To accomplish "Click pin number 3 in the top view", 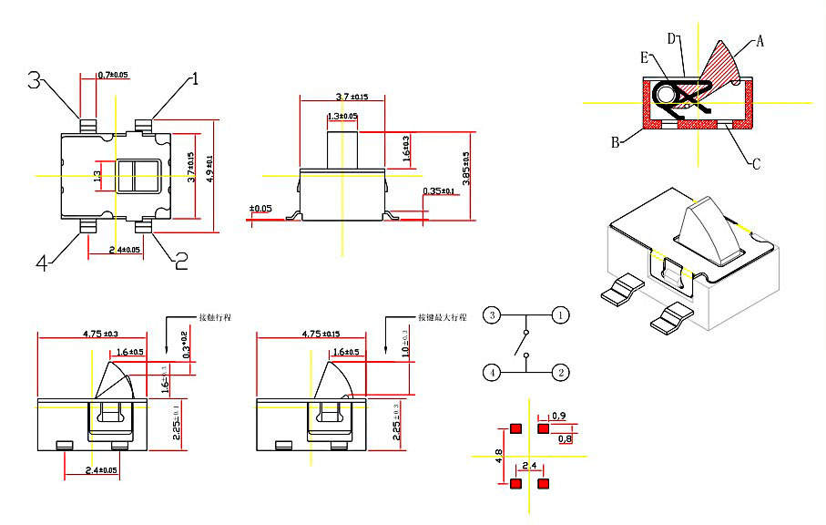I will [x=35, y=80].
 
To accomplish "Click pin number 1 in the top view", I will [x=194, y=79].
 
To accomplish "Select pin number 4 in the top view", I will [x=41, y=263].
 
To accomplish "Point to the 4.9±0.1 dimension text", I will [x=211, y=169].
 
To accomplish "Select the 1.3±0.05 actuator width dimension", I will [x=342, y=117].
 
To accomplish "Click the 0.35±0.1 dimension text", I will [x=441, y=190].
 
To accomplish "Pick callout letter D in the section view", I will [x=671, y=38].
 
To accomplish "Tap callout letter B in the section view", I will [x=616, y=142].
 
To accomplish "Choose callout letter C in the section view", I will [x=755, y=164].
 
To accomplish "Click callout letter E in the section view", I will [x=645, y=57].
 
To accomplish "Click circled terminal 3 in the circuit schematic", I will [x=491, y=314].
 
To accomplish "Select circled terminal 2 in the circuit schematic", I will [x=562, y=372].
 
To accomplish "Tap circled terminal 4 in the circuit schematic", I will [x=491, y=372].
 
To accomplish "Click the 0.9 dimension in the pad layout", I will [x=559, y=416].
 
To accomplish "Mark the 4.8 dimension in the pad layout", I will [x=498, y=455].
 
